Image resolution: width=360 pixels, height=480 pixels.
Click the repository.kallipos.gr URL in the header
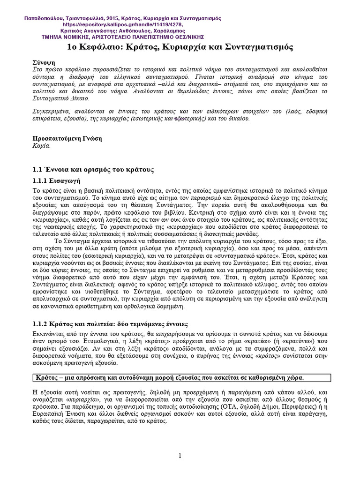click(122, 25)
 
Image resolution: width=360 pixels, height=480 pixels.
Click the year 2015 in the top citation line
click(108, 18)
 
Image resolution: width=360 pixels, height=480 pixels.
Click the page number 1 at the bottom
click(180, 456)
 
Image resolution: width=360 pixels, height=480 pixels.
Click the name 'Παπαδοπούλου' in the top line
click(46, 18)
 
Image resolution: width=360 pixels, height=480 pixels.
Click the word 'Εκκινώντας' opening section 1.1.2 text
click(50, 333)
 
